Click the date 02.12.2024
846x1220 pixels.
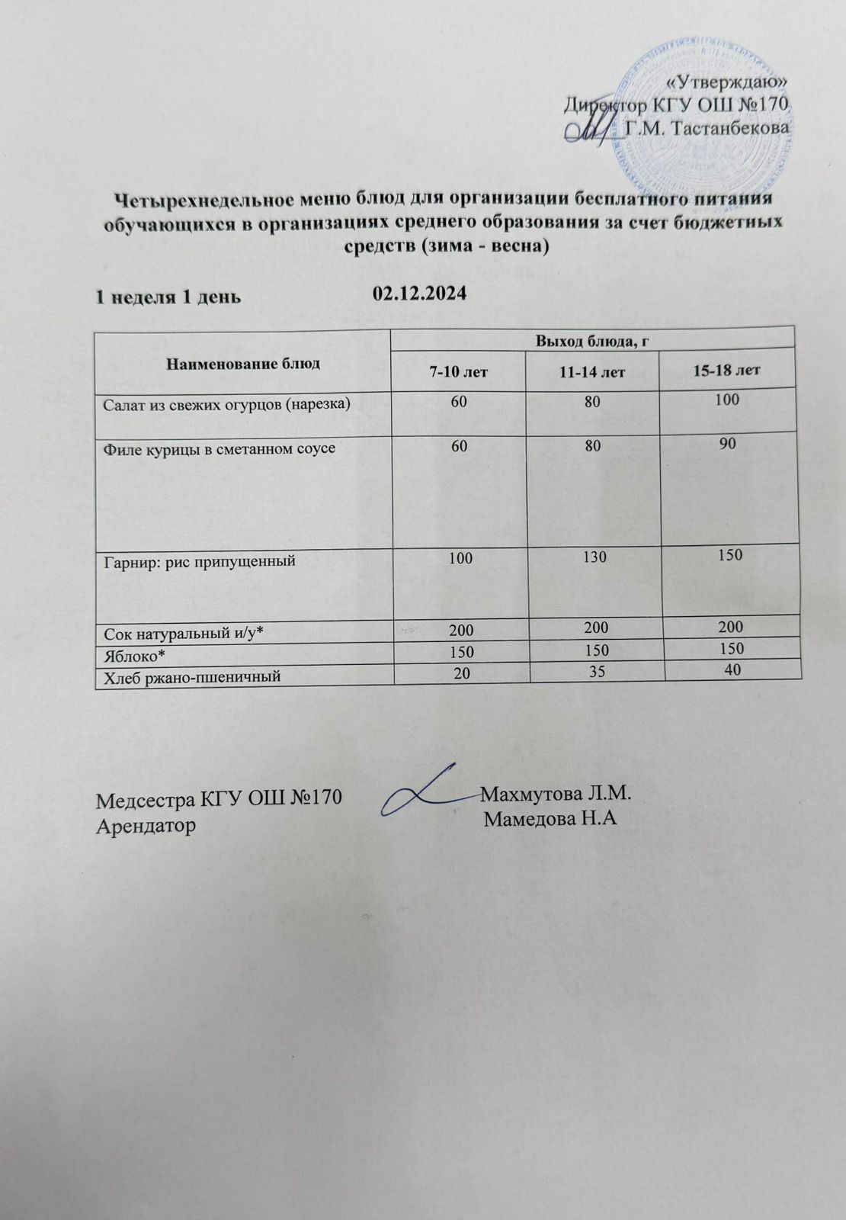(x=419, y=294)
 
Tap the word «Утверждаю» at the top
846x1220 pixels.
(x=727, y=82)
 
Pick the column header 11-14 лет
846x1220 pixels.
(x=594, y=372)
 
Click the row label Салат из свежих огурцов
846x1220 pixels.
(x=227, y=403)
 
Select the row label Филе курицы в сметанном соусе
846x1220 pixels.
(x=220, y=448)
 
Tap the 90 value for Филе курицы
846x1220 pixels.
(x=728, y=443)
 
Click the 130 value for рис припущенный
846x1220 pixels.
(x=594, y=557)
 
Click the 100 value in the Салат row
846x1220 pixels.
(x=728, y=399)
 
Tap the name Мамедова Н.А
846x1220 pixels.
(x=550, y=820)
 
